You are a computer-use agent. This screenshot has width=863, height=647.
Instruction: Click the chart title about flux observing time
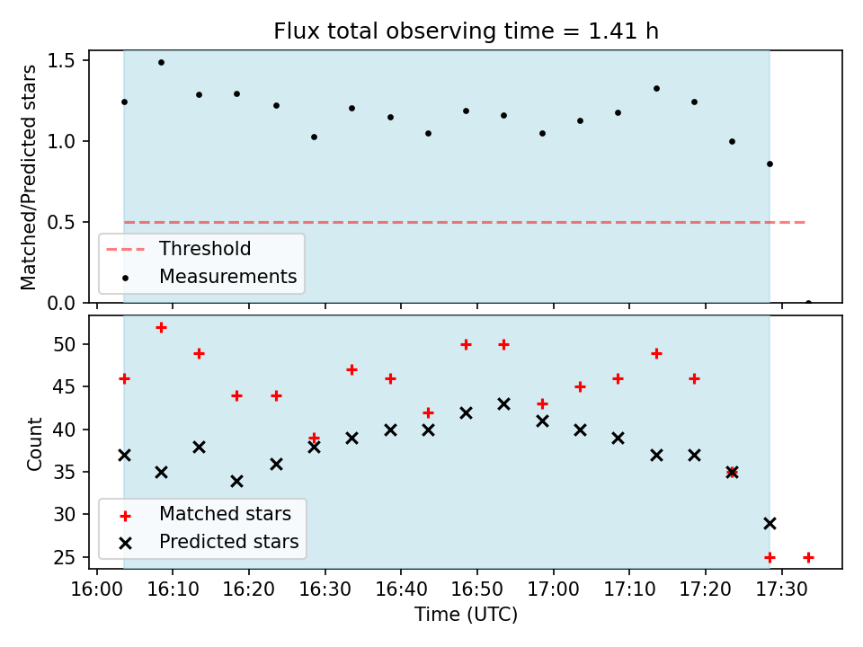[x=466, y=31]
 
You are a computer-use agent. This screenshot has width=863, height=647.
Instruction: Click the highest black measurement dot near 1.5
[x=161, y=63]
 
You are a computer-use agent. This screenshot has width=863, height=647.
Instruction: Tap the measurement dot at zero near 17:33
[x=808, y=302]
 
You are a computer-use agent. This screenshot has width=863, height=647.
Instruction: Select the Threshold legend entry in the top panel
[x=178, y=249]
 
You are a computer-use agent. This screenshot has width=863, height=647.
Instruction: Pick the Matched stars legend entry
[x=205, y=514]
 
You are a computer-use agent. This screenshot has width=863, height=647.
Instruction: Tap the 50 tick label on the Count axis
[x=65, y=344]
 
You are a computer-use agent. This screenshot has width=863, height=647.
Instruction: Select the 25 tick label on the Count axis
[x=65, y=557]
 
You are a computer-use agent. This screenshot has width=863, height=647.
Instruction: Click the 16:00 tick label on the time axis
[x=97, y=589]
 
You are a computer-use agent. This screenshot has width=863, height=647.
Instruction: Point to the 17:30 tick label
[x=781, y=589]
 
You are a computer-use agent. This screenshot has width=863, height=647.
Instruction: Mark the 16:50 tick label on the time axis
[x=477, y=589]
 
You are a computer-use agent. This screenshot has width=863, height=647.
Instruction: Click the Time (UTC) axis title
[x=466, y=615]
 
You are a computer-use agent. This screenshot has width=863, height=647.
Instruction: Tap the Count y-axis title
[x=34, y=444]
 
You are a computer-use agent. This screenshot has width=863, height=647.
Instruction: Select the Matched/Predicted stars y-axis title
[x=28, y=177]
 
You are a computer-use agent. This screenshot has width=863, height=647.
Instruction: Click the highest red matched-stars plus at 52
[x=161, y=328]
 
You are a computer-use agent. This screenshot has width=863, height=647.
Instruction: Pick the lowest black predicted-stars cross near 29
[x=770, y=523]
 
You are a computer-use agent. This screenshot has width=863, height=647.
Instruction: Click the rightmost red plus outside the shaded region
[x=808, y=557]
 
